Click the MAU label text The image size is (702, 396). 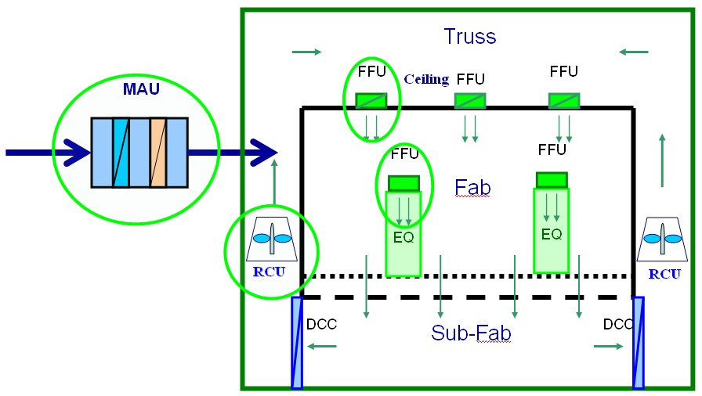click(x=140, y=89)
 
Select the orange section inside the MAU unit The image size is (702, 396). click(x=158, y=152)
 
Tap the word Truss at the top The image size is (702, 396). click(x=469, y=36)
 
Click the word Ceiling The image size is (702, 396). click(x=426, y=79)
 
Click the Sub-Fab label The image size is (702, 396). click(x=471, y=333)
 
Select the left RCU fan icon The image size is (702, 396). click(x=272, y=238)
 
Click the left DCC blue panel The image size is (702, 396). click(x=297, y=343)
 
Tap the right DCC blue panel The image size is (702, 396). click(x=639, y=343)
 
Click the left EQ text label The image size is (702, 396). click(x=403, y=237)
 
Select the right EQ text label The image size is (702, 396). click(x=552, y=233)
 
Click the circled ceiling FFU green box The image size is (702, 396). click(x=371, y=101)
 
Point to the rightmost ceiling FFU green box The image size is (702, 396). click(x=563, y=100)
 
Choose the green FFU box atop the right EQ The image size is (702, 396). click(x=552, y=180)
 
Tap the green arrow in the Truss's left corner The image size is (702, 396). click(x=306, y=52)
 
